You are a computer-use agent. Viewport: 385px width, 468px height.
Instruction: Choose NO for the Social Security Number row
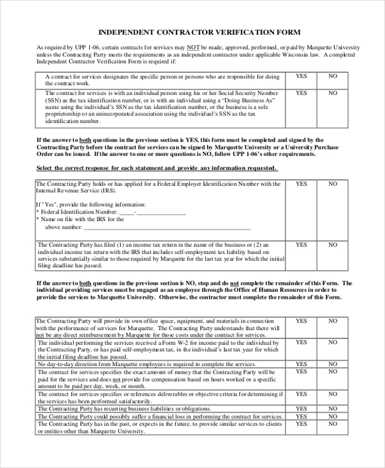click(333, 93)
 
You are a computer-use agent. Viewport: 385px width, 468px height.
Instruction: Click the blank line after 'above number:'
click(167, 227)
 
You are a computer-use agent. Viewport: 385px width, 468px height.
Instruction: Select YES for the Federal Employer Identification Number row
click(301, 184)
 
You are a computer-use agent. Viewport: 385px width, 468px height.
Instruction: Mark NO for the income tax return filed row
click(333, 245)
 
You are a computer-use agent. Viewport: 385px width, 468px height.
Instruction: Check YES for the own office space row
click(301, 321)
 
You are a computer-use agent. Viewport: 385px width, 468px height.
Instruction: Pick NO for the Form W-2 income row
click(333, 343)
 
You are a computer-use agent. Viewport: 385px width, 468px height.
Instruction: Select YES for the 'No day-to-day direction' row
click(301, 364)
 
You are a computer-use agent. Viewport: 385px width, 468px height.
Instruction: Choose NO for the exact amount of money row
click(333, 372)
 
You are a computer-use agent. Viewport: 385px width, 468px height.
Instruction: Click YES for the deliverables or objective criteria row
click(301, 394)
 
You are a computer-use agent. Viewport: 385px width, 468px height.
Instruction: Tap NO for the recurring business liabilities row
click(333, 408)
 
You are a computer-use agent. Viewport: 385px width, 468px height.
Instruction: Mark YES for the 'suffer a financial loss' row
click(301, 416)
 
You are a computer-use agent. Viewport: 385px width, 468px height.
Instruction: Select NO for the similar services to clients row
click(333, 424)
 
